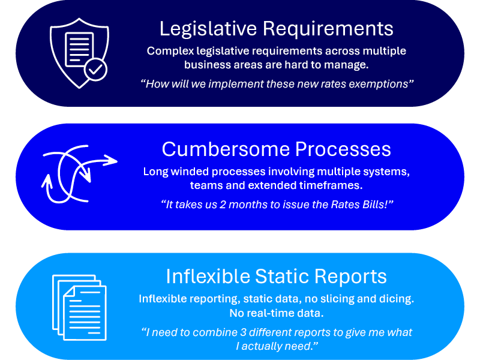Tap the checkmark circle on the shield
point(95,70)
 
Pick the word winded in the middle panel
point(191,172)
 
